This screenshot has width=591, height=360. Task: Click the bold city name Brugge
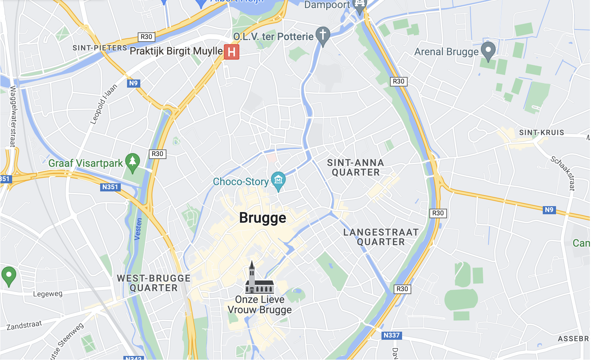pos(263,218)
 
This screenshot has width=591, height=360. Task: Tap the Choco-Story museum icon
pos(278,180)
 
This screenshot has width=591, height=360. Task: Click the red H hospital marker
pos(232,52)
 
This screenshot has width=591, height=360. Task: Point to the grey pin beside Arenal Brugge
pos(488,50)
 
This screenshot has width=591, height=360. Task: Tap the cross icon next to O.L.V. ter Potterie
pos(323,35)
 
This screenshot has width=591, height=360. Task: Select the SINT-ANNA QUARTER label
pos(355,167)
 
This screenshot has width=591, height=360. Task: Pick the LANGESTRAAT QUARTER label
pos(381,237)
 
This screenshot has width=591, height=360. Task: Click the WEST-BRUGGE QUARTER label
pos(154,283)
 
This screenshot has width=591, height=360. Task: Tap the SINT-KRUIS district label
pos(542,133)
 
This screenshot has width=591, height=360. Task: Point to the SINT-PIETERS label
pos(100,48)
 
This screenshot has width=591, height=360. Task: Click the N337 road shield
pos(391,335)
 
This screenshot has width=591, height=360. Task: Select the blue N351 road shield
pos(110,187)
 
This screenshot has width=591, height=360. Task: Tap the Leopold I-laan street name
pos(104,104)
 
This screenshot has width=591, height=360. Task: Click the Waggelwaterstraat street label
pos(13,116)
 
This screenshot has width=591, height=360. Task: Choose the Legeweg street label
pos(48,294)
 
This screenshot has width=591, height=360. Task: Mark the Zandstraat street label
pos(24,325)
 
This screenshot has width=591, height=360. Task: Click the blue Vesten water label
pos(138,229)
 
